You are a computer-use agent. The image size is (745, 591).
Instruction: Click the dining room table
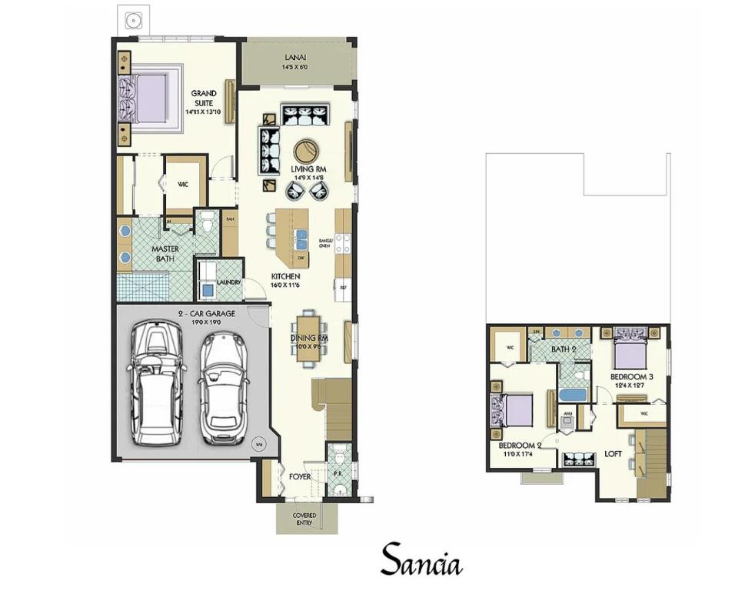(309, 336)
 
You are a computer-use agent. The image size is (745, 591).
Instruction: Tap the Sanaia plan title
(421, 560)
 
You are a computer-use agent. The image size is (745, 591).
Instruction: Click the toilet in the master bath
(205, 222)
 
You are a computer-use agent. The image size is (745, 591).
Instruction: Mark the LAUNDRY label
(229, 282)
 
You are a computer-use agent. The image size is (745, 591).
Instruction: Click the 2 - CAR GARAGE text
(207, 314)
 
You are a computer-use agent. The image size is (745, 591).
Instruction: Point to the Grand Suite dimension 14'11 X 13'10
(204, 112)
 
